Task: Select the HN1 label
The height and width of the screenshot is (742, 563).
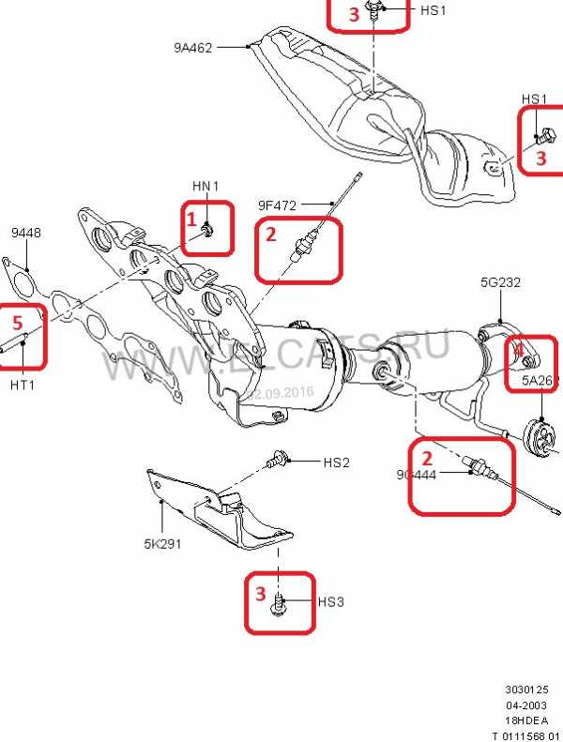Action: [x=205, y=187]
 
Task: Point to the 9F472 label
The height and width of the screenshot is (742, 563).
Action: [x=277, y=203]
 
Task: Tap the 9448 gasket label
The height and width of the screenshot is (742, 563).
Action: [x=26, y=234]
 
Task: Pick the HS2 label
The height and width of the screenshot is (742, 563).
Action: [x=336, y=462]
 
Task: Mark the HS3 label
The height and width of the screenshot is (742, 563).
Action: [x=330, y=601]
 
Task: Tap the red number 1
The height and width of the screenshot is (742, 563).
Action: [x=191, y=221]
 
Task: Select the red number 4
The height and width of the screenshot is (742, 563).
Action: [x=516, y=351]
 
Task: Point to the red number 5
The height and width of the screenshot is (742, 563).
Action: [x=16, y=322]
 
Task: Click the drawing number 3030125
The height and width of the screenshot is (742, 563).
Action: [x=525, y=689]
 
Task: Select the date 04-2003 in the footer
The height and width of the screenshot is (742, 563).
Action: [x=527, y=704]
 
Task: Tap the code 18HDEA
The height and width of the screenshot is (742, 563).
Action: [x=527, y=719]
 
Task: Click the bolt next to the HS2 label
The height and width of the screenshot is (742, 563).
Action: [x=278, y=461]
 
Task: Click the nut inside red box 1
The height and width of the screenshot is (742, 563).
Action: [x=208, y=230]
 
